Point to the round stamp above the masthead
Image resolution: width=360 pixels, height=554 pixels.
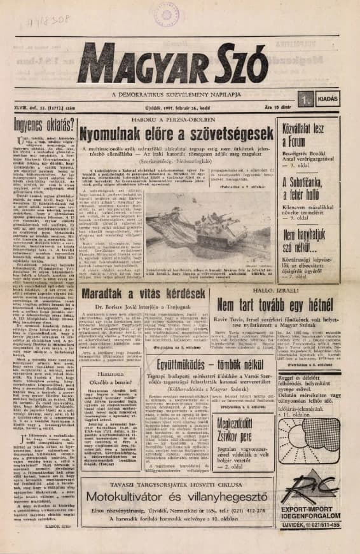click(167, 14)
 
